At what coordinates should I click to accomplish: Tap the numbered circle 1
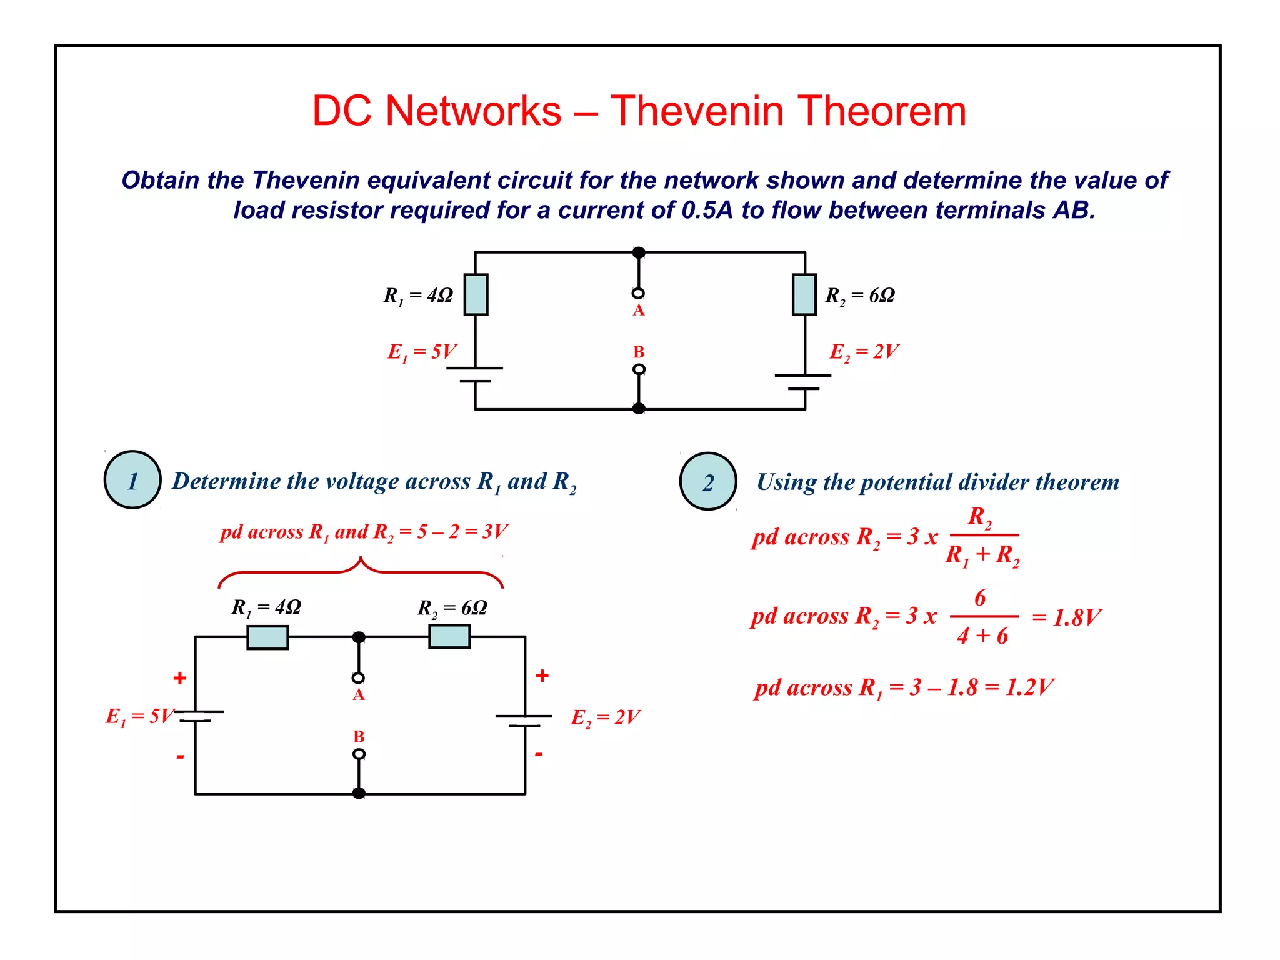pyautogui.click(x=132, y=480)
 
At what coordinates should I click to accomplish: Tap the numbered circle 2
pyautogui.click(x=708, y=482)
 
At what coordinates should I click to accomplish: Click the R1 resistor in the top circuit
pyautogui.click(x=476, y=294)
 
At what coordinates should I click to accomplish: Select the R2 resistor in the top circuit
pyautogui.click(x=804, y=294)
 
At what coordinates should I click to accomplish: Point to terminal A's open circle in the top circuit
pyautogui.click(x=638, y=293)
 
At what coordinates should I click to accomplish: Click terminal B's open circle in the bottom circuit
pyautogui.click(x=359, y=754)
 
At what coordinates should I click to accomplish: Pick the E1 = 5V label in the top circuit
pyautogui.click(x=422, y=352)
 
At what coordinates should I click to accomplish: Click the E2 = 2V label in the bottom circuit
pyautogui.click(x=605, y=717)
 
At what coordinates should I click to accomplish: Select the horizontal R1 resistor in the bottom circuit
pyautogui.click(x=267, y=637)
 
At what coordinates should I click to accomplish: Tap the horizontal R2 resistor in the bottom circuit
pyautogui.click(x=449, y=637)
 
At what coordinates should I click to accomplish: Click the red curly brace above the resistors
pyautogui.click(x=361, y=572)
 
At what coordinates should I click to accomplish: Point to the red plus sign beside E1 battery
pyautogui.click(x=180, y=678)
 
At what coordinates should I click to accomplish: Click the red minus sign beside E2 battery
pyautogui.click(x=539, y=755)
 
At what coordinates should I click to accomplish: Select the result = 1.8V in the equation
pyautogui.click(x=1066, y=618)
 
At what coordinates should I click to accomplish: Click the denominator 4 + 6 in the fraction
pyautogui.click(x=982, y=636)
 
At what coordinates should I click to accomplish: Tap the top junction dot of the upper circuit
pyautogui.click(x=639, y=252)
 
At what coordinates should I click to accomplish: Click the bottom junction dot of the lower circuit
pyautogui.click(x=359, y=793)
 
